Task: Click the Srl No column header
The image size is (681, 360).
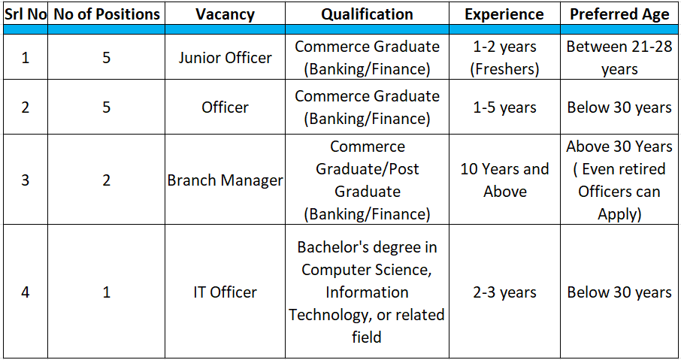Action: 25,14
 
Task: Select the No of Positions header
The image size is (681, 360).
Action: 106,14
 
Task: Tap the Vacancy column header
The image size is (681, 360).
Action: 225,14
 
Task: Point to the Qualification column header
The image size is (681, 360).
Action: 367,14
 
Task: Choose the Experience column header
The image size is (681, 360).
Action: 504,14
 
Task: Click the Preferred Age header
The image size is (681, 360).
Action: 619,14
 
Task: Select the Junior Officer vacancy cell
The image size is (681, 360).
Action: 225,58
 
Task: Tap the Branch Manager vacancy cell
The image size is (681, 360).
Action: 225,180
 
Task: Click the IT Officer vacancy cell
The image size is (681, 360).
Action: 225,292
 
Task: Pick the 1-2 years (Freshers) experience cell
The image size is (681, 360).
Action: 504,58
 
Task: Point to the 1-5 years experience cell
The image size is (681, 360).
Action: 504,107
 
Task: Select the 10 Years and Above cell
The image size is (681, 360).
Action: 504,180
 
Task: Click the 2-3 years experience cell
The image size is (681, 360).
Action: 504,292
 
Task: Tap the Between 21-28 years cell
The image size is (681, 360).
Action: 619,58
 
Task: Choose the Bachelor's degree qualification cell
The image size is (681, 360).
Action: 367,292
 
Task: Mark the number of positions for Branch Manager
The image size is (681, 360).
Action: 106,180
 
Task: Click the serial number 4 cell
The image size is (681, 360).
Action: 25,292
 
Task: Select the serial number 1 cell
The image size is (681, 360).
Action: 25,58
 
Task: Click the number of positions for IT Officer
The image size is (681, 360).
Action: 106,292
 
